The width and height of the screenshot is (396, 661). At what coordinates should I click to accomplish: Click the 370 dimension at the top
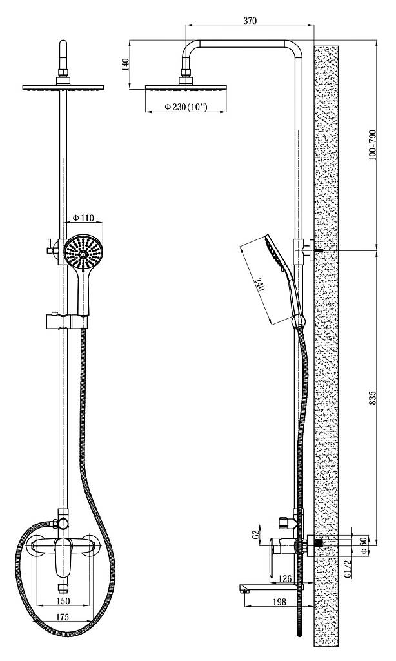(250, 20)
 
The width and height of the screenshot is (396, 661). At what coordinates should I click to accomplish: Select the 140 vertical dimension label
(125, 65)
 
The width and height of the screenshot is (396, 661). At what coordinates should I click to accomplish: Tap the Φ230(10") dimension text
(186, 107)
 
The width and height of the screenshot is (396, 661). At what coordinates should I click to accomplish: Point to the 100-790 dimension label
(372, 145)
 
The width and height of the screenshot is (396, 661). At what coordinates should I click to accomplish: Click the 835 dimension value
(372, 398)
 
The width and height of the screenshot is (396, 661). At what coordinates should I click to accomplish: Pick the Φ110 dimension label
(83, 218)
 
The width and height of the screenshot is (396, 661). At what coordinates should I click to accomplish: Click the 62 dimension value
(255, 534)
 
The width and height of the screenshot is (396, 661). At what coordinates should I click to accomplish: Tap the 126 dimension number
(285, 579)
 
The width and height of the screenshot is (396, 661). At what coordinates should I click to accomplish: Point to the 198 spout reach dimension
(279, 602)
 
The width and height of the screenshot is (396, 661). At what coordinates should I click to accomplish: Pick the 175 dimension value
(63, 617)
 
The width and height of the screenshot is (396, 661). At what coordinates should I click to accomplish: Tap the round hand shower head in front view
(83, 253)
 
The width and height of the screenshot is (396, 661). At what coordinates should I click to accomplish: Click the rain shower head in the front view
(63, 87)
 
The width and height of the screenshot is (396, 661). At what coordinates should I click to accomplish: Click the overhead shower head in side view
(186, 88)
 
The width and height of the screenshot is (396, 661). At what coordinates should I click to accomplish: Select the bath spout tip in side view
(242, 587)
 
